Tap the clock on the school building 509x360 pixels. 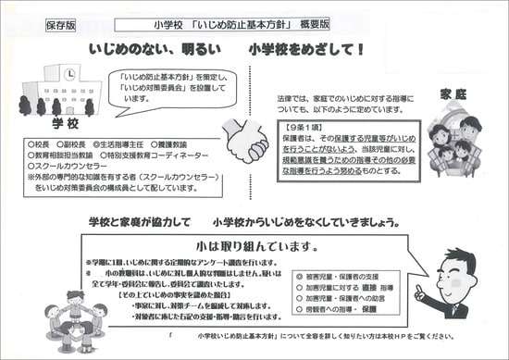coord(70,73)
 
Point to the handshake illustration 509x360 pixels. coord(247,143)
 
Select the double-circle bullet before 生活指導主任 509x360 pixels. coord(94,145)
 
